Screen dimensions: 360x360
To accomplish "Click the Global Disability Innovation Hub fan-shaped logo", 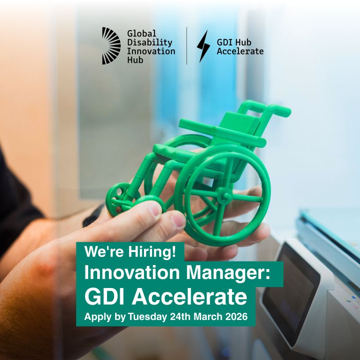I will pos(111,45).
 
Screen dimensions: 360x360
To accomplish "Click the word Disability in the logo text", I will pos(144,42).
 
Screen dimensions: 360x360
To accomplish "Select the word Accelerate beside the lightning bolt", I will pos(240,51).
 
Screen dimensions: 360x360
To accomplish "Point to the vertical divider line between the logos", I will pos(187,45).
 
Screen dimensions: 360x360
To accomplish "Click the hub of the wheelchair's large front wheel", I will pos(223,196).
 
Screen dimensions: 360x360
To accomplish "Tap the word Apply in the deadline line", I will pos(97,317).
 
